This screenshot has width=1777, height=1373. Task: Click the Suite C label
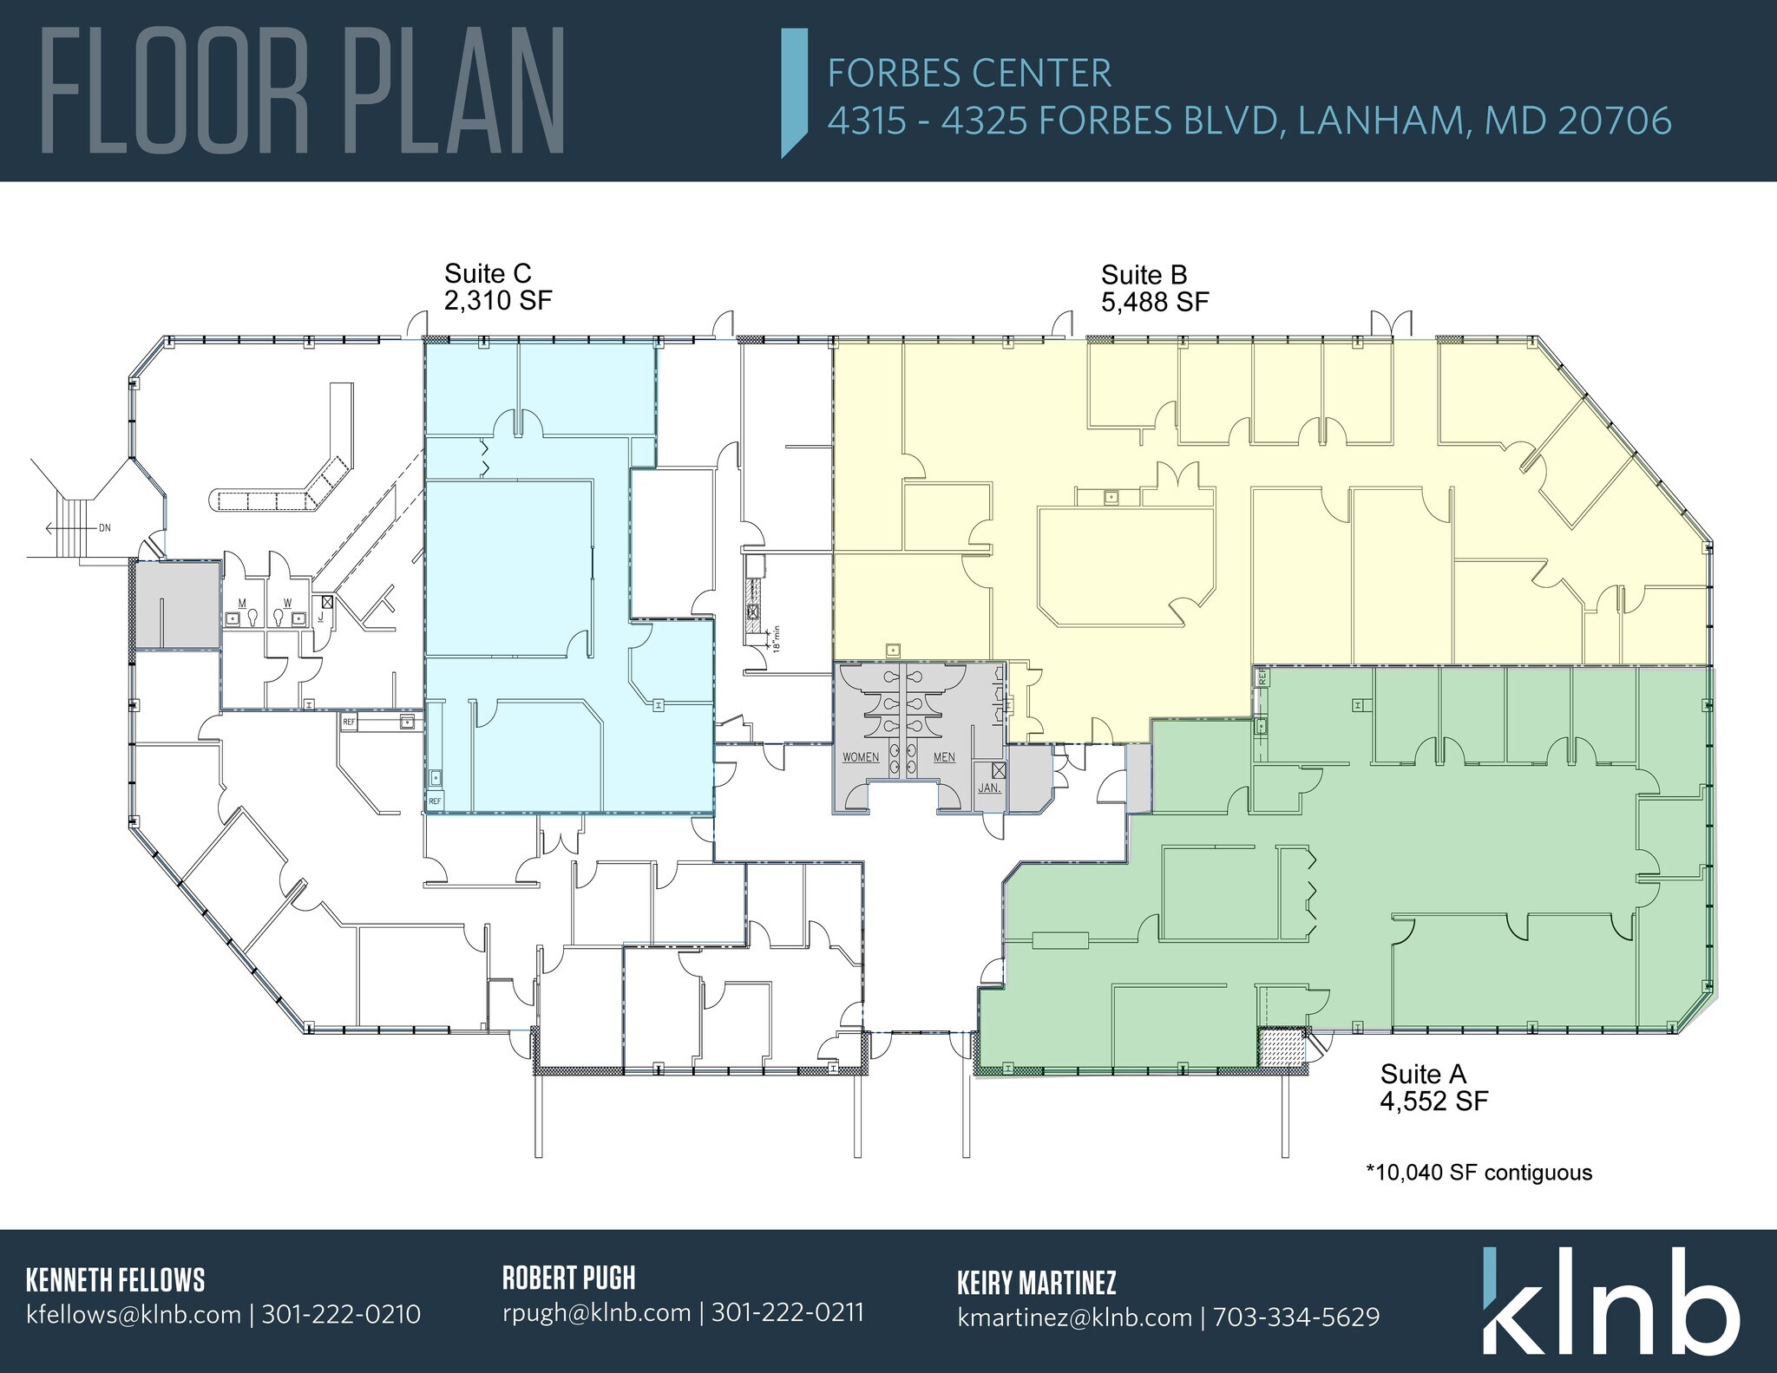[487, 274]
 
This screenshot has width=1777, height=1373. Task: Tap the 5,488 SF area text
[1155, 302]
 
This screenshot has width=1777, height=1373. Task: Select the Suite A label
[1423, 1075]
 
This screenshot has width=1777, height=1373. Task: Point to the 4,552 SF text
[1434, 1102]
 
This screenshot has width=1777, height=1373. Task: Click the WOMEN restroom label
[861, 757]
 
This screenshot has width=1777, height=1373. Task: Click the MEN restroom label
[944, 757]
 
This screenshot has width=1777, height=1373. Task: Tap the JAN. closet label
[989, 788]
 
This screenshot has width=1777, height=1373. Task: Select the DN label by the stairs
[105, 527]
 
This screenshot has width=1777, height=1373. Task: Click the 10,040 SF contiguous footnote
[1479, 1173]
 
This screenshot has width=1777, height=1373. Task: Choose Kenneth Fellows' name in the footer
[115, 1280]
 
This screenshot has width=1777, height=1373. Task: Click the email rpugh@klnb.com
[596, 1312]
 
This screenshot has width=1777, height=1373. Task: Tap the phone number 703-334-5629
[1295, 1317]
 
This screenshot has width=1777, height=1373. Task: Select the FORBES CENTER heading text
[969, 74]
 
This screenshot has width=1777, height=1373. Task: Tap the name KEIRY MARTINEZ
[1036, 1282]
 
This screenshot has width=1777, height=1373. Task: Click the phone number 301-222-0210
[341, 1315]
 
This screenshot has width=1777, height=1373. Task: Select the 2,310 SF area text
[498, 301]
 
